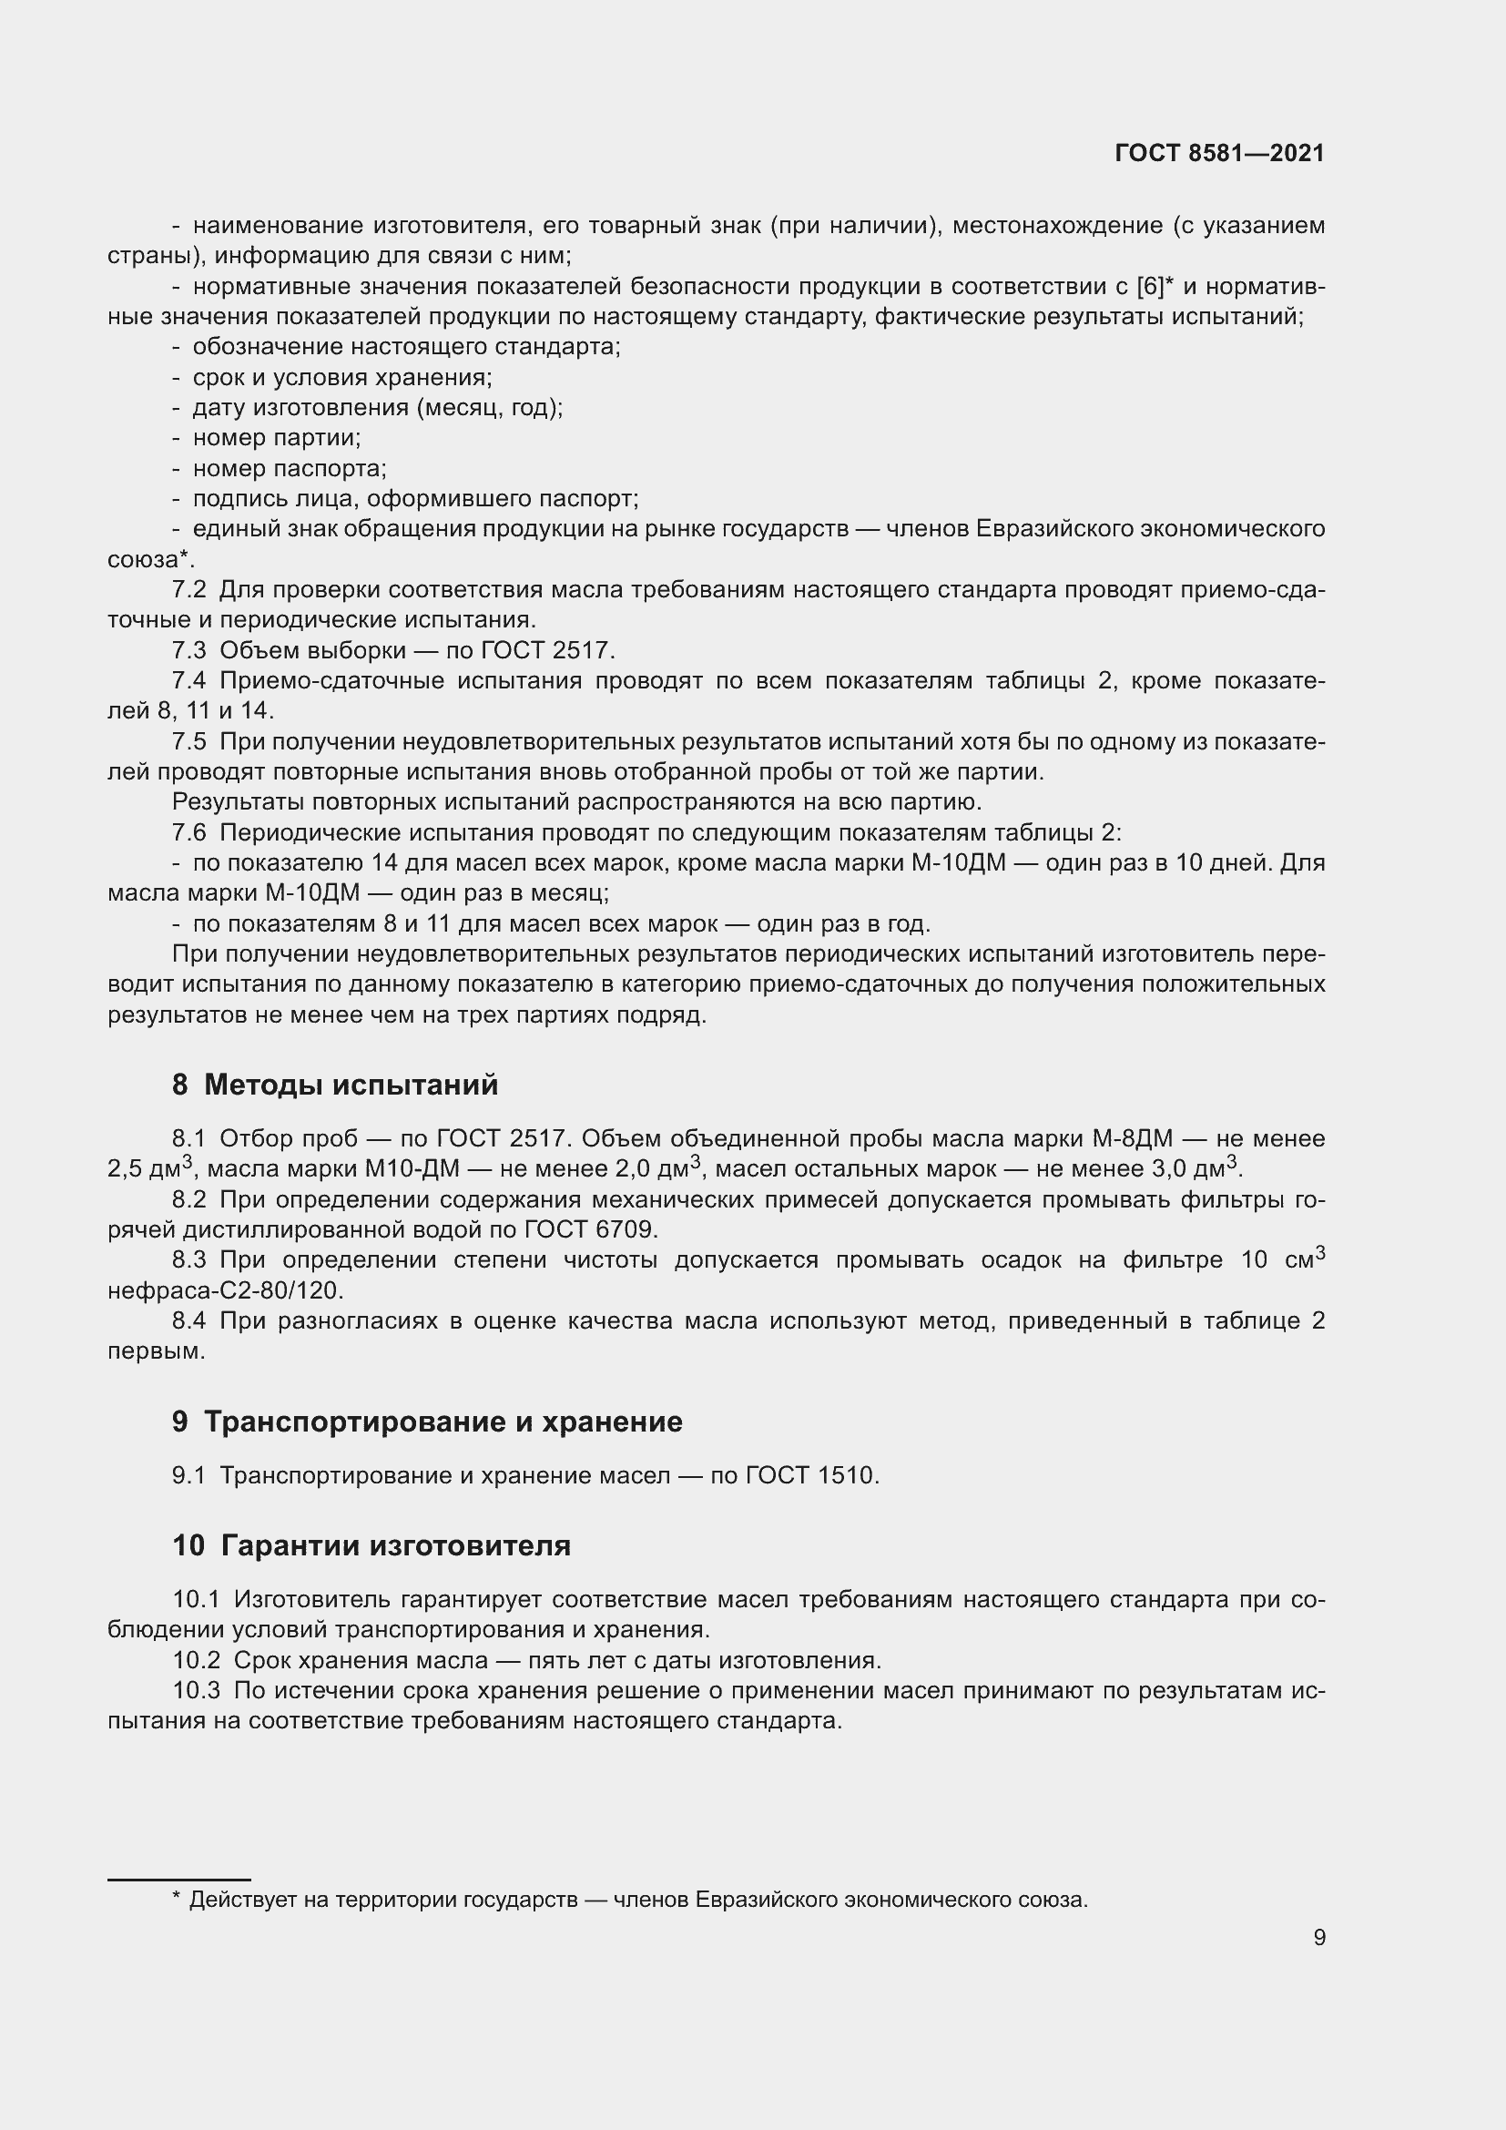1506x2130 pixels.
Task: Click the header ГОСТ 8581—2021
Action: pyautogui.click(x=1218, y=153)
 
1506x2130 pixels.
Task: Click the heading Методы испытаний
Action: pyautogui.click(x=351, y=1084)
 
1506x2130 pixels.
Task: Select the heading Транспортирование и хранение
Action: pyautogui.click(x=443, y=1422)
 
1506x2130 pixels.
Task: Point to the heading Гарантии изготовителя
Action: pyautogui.click(x=395, y=1545)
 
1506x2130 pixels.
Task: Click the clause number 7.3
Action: pyautogui.click(x=189, y=650)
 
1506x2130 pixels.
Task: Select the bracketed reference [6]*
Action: pyautogui.click(x=1155, y=287)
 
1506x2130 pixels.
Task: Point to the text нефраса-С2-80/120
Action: pyautogui.click(x=225, y=1290)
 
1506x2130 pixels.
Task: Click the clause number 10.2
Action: pyautogui.click(x=196, y=1661)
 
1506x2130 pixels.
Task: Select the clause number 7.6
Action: pyautogui.click(x=189, y=832)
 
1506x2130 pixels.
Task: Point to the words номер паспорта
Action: pyautogui.click(x=289, y=468)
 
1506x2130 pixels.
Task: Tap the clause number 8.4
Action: pyautogui.click(x=189, y=1321)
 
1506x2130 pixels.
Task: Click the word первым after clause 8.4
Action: pyautogui.click(x=155, y=1350)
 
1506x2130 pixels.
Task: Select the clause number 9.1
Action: pyautogui.click(x=188, y=1475)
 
